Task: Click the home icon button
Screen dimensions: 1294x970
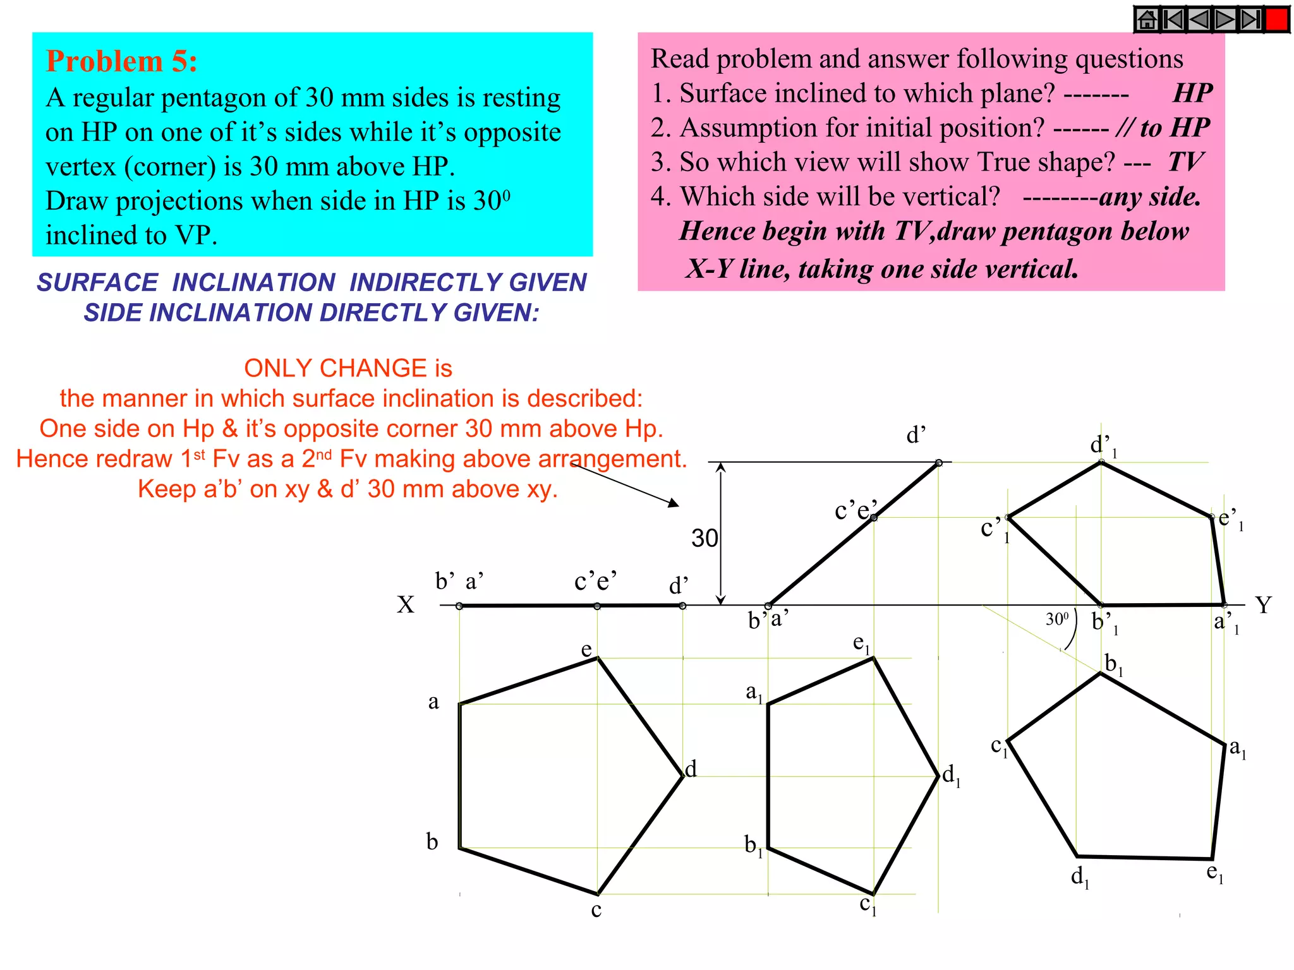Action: tap(1147, 20)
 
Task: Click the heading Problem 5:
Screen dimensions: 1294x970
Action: tap(122, 62)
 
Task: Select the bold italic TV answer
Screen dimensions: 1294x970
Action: tap(1185, 162)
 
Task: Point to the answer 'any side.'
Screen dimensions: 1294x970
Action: tap(1150, 197)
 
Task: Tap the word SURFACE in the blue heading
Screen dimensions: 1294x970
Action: tap(97, 282)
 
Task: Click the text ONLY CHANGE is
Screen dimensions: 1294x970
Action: tap(348, 368)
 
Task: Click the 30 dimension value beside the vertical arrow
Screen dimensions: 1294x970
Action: tap(704, 538)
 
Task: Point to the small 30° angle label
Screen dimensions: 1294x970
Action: tap(1057, 619)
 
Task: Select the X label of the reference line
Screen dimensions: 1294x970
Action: tap(406, 605)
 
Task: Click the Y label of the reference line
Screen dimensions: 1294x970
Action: tap(1263, 605)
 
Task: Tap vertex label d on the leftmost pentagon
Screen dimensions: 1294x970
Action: tap(691, 769)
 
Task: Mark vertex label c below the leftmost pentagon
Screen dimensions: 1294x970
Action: tap(596, 910)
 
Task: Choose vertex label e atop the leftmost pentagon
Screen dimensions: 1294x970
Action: tap(586, 649)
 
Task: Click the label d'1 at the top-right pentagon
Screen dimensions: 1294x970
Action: tap(1103, 445)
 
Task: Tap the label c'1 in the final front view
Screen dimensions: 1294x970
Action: tap(994, 529)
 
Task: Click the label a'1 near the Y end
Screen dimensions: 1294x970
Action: tap(1226, 623)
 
